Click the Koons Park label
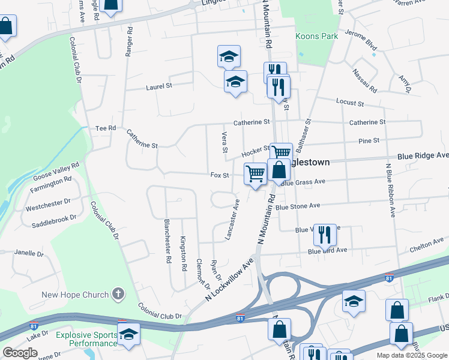[x=316, y=36]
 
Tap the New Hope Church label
[x=75, y=295]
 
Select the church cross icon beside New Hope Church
[x=118, y=294]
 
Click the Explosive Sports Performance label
[x=86, y=339]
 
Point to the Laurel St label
[x=159, y=86]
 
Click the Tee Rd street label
[x=106, y=128]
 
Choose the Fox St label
[x=220, y=175]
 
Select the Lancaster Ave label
[x=232, y=220]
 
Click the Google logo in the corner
[x=20, y=353]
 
